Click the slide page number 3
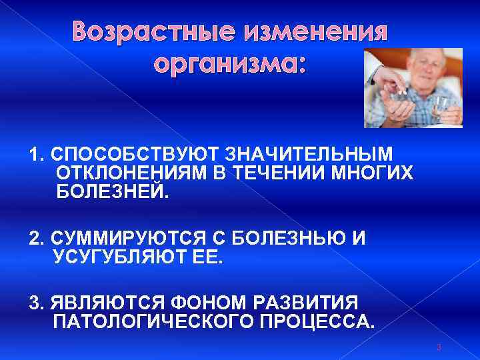pos(438,347)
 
